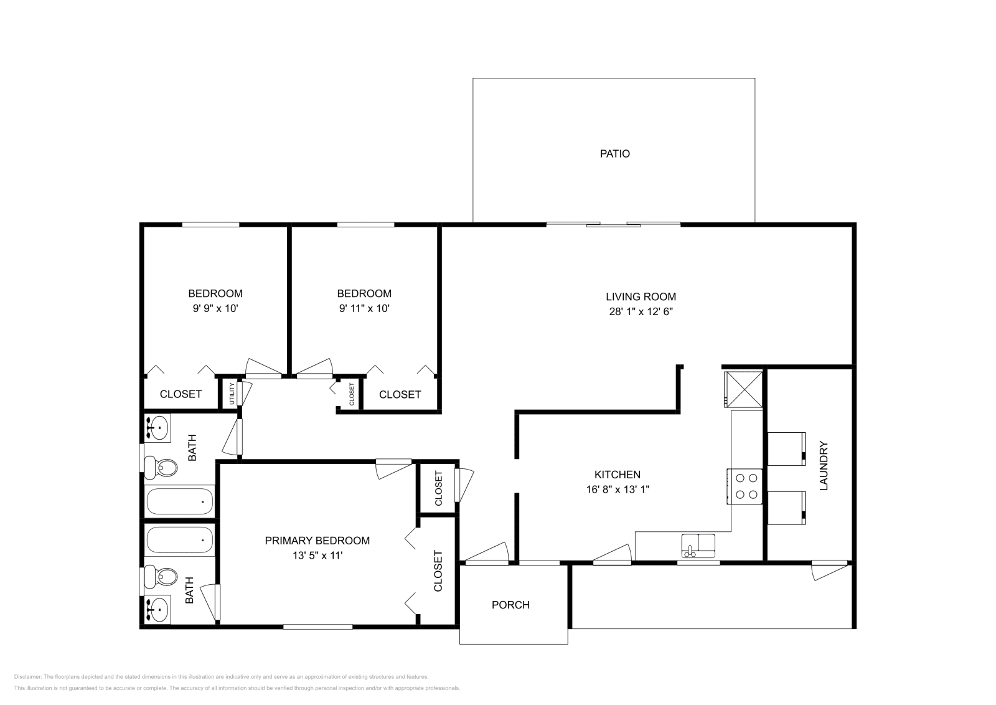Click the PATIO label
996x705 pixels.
point(614,153)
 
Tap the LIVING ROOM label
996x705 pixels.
point(641,297)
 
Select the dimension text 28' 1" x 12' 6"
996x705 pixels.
point(641,311)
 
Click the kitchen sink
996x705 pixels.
point(698,545)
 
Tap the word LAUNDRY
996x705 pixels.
point(824,466)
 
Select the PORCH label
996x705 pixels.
point(510,605)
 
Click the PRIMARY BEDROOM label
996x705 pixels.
point(317,541)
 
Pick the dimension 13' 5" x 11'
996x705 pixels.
point(317,556)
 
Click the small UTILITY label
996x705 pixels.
point(232,394)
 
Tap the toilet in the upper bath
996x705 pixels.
point(162,466)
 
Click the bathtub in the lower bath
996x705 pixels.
point(180,539)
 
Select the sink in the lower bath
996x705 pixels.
point(159,608)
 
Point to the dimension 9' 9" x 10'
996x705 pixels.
point(215,308)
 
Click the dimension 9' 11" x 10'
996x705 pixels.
point(364,308)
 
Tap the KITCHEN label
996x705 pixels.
point(617,475)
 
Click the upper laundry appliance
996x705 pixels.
point(787,448)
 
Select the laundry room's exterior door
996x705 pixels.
point(829,569)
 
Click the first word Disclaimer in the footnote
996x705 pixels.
point(27,676)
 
